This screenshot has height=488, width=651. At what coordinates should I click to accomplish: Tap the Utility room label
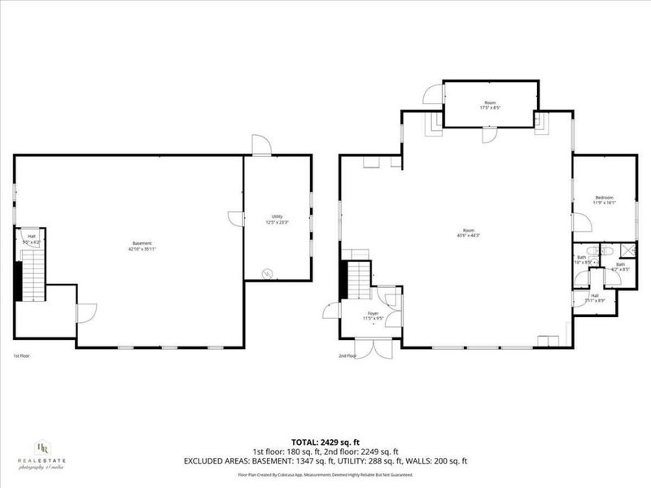(x=277, y=216)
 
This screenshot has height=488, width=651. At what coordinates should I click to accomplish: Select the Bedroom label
(x=603, y=198)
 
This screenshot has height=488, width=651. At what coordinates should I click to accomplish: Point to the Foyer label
(x=374, y=312)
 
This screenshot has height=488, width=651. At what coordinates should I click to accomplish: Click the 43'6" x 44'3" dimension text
(x=469, y=236)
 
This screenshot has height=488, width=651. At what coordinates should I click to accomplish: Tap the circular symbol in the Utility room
(x=267, y=274)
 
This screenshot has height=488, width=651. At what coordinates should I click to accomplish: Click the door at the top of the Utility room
(x=261, y=146)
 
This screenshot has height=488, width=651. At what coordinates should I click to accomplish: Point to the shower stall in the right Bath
(x=628, y=251)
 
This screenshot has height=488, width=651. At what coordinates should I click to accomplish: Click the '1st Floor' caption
(x=22, y=355)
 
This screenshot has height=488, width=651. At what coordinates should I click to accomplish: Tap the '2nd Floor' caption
(x=347, y=355)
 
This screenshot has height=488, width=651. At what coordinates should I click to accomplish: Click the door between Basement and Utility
(x=236, y=218)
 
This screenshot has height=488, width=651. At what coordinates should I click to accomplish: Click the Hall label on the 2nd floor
(x=595, y=296)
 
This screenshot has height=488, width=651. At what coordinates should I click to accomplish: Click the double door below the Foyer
(x=377, y=347)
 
